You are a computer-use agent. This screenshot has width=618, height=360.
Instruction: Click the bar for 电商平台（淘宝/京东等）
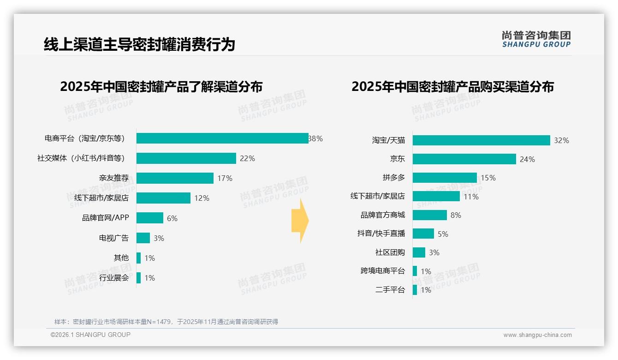(222, 138)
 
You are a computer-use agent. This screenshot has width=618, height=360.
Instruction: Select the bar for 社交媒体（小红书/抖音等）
(186, 158)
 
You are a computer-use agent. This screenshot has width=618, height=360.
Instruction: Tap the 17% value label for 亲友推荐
(225, 178)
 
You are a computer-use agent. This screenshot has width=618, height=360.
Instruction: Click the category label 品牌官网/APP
(106, 218)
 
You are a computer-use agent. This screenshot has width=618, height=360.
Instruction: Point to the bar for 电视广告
(143, 238)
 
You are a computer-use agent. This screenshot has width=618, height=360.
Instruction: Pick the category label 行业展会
(114, 278)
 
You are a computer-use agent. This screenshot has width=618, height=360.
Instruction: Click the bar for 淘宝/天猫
(481, 140)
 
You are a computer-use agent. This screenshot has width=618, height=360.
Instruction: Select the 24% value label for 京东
(527, 159)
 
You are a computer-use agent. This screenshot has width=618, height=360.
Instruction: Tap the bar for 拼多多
(445, 178)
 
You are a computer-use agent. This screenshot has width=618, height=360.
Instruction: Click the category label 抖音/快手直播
(381, 234)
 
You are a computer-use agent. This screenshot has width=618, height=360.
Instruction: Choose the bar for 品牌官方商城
(430, 215)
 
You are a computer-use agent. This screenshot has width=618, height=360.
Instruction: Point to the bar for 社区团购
(419, 252)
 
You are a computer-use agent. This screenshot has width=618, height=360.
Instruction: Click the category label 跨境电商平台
(382, 271)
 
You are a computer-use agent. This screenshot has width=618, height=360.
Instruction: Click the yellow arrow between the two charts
(300, 221)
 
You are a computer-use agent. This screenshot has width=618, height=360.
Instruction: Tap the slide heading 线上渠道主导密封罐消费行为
(139, 44)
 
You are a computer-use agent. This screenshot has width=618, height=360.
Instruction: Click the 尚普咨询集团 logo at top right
(536, 39)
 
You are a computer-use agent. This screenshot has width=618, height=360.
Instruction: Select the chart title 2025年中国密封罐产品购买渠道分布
(452, 87)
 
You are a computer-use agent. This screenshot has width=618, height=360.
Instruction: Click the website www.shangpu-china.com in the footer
(537, 335)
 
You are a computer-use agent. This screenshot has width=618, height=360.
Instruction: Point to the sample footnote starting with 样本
(166, 322)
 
